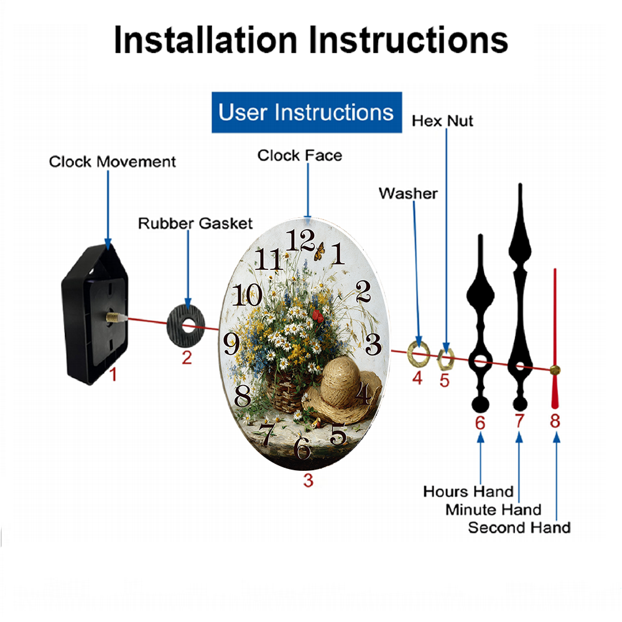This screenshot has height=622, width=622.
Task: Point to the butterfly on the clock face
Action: [x=319, y=251]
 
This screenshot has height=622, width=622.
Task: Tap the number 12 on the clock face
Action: [x=300, y=240]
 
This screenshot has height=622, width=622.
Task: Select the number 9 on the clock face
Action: [x=231, y=343]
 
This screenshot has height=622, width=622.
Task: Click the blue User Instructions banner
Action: [x=307, y=112]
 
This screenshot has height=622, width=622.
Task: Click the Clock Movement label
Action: [x=112, y=162]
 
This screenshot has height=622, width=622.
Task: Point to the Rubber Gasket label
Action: [x=195, y=223]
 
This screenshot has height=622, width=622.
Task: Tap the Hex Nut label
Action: [x=442, y=121]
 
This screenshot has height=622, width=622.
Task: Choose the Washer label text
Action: [x=408, y=193]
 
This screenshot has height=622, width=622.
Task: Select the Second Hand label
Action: [x=519, y=527]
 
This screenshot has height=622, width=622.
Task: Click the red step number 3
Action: [x=309, y=481]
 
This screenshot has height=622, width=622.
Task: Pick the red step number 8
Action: [x=555, y=421]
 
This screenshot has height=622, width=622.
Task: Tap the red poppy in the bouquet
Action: [x=318, y=316]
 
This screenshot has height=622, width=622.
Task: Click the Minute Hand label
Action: [x=493, y=510]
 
